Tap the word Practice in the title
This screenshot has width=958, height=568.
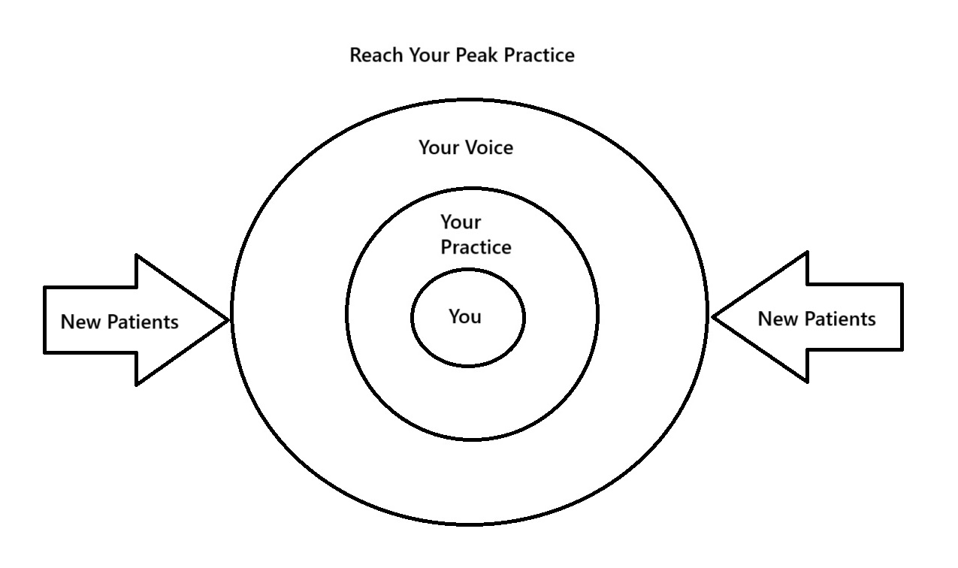click(539, 56)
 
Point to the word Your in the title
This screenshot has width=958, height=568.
click(429, 56)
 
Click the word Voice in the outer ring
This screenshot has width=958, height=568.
click(489, 147)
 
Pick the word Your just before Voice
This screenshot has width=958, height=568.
click(440, 147)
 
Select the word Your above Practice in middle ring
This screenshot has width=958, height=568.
click(461, 222)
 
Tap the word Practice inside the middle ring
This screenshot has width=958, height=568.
click(476, 247)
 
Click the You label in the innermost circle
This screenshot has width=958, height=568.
click(465, 316)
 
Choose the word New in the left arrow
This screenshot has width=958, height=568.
click(80, 322)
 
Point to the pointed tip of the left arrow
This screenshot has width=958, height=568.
click(228, 320)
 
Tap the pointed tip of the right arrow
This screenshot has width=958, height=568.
click(713, 317)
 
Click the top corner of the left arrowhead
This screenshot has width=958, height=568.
click(136, 256)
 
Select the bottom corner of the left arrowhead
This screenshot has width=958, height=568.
click(136, 385)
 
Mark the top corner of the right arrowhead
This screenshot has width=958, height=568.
click(807, 253)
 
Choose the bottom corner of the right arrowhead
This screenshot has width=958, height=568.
click(807, 382)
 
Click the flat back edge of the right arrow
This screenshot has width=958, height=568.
click(902, 317)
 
